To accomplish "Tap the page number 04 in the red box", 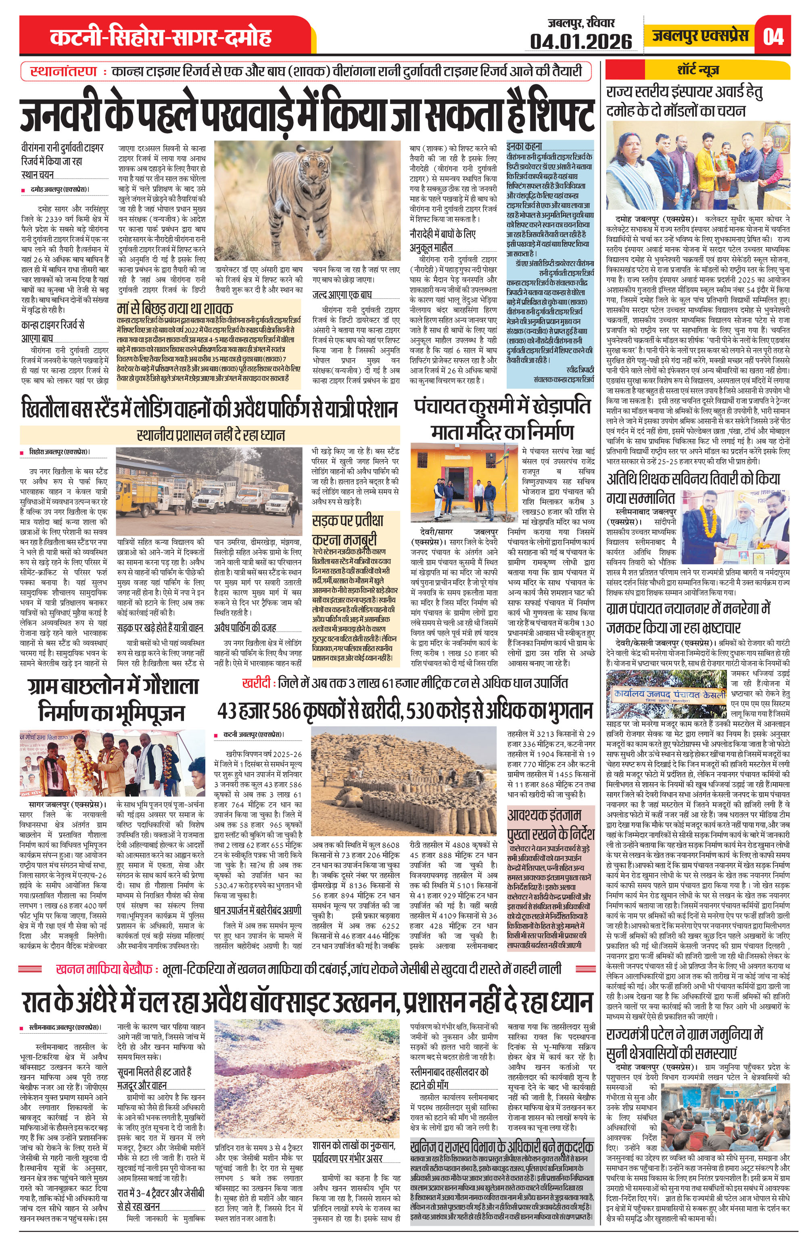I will click(x=772, y=36).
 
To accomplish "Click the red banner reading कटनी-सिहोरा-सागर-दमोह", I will click(x=161, y=38).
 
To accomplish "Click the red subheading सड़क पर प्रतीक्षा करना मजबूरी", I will click(x=348, y=529).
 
